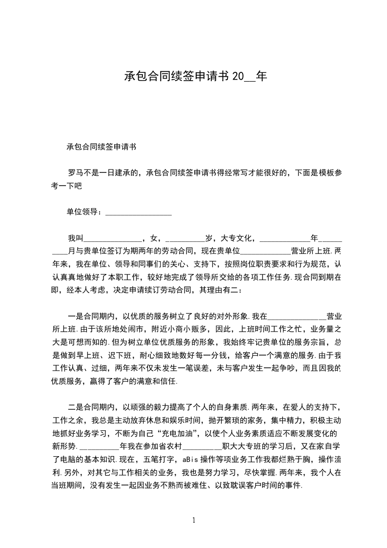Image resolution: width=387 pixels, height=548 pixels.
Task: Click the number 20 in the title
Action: pyautogui.click(x=237, y=77)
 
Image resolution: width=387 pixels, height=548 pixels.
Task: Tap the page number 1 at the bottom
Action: pyautogui.click(x=194, y=520)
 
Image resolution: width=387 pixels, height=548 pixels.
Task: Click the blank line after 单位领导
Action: pyautogui.click(x=139, y=213)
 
